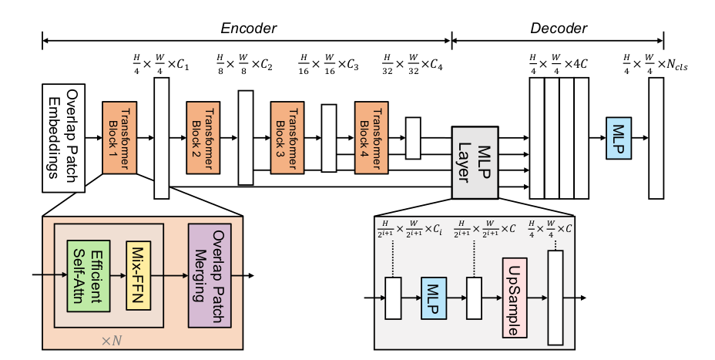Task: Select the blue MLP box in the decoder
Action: click(x=619, y=138)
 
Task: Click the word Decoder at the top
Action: click(x=558, y=29)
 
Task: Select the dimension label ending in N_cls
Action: click(x=656, y=62)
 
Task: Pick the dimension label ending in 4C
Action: click(x=556, y=62)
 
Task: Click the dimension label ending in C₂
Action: click(x=245, y=62)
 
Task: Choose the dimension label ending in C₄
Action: click(x=415, y=62)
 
